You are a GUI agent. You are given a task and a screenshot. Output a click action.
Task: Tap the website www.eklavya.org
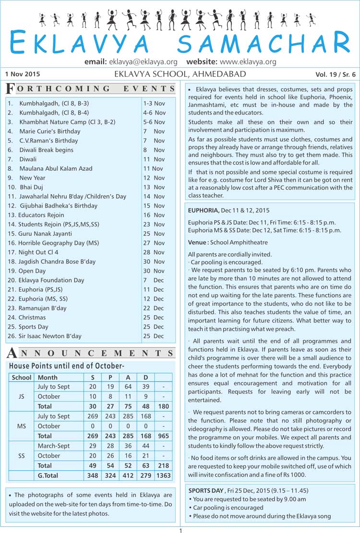(248, 62)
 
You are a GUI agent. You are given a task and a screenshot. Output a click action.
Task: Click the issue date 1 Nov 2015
(23, 74)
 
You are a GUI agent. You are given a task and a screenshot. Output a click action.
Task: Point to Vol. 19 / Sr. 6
(336, 74)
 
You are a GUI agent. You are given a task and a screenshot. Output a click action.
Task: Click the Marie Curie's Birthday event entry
(49, 131)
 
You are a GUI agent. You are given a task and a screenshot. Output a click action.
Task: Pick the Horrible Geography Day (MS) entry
(59, 243)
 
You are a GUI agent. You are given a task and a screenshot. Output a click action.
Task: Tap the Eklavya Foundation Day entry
(51, 280)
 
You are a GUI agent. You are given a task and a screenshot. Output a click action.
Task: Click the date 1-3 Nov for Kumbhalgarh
(154, 103)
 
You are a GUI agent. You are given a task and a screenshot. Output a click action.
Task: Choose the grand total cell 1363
(163, 475)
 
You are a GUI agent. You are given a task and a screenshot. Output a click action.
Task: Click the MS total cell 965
(163, 436)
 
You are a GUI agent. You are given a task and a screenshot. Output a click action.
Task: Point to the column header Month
(48, 377)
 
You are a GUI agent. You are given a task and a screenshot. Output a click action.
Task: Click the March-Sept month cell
(53, 446)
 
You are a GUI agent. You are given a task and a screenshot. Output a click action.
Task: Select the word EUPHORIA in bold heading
(203, 210)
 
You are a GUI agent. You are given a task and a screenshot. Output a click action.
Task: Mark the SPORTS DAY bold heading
(206, 491)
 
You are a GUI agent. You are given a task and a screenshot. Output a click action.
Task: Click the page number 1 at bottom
(180, 530)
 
